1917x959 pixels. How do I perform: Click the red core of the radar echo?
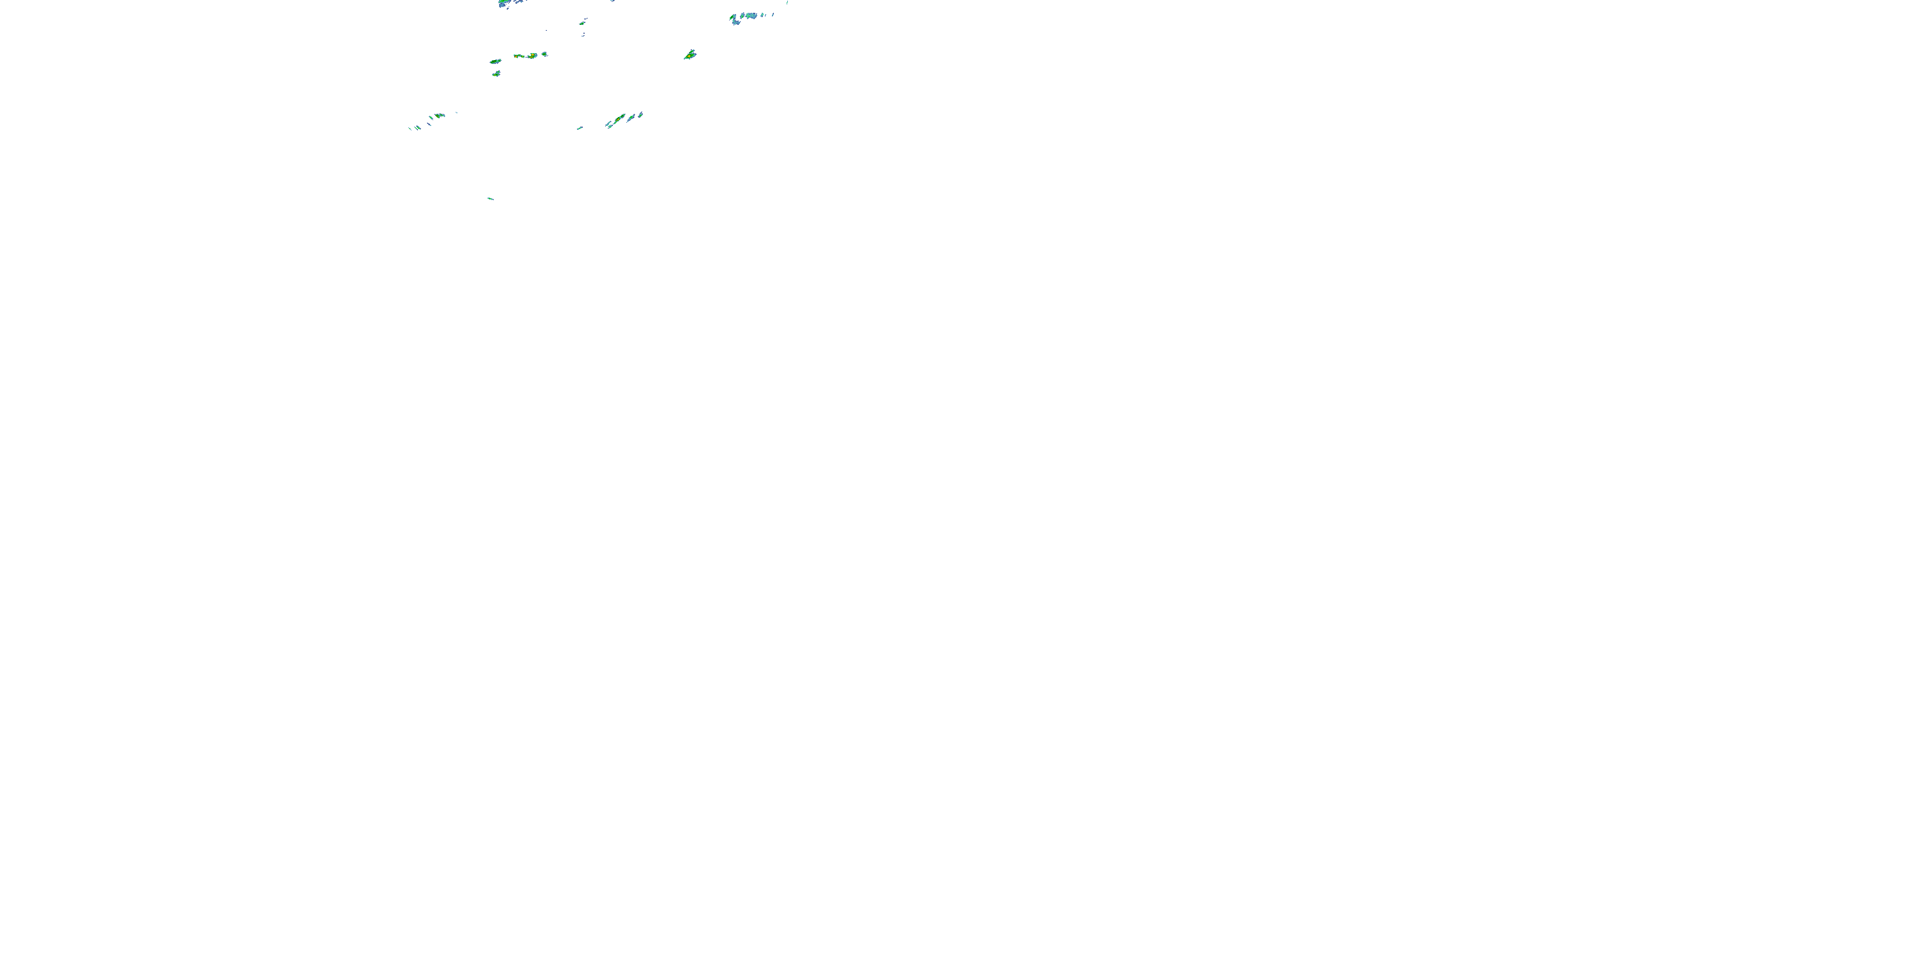pos(516,57)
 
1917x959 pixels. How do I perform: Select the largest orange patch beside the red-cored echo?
pos(532,56)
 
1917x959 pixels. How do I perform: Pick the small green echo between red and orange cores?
pos(523,57)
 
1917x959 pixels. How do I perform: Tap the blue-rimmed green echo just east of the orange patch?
pos(544,54)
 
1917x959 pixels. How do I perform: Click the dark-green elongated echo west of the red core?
pos(496,62)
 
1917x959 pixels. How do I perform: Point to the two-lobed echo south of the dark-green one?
pos(497,74)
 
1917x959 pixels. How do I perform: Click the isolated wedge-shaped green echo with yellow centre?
pos(690,54)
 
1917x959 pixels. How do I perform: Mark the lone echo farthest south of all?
pos(489,199)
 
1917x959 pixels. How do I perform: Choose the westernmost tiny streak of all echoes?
pos(410,129)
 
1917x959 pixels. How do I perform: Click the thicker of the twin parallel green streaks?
pos(419,127)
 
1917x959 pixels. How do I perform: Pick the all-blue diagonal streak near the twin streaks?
pos(429,124)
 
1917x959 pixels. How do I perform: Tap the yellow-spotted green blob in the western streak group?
pos(438,116)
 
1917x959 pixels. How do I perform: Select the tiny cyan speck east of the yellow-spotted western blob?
pos(457,113)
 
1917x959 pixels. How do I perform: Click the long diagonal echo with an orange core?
pos(619,119)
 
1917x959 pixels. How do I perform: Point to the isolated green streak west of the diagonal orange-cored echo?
pos(580,128)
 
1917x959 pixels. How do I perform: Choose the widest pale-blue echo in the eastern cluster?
pos(751,15)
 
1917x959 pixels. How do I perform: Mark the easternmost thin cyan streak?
pos(787,2)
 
